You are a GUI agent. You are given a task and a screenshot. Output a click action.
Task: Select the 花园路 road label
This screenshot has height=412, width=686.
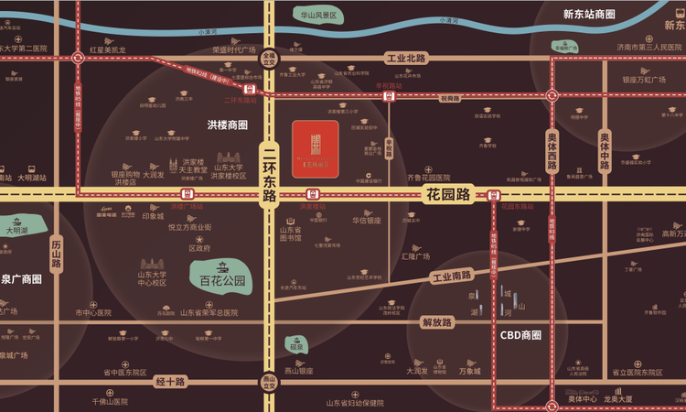point(447,194)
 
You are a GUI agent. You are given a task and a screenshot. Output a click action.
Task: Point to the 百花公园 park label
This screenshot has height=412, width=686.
point(223,281)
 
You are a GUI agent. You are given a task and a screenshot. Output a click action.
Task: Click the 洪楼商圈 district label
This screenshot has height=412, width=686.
point(228,125)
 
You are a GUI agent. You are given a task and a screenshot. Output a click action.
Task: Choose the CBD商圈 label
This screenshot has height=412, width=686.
point(520,335)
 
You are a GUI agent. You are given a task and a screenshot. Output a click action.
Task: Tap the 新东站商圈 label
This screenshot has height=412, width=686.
point(589,15)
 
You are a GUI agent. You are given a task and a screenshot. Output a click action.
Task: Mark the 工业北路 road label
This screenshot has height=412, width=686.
point(406,58)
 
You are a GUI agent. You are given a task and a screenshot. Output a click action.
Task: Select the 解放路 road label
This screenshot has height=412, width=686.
point(437,322)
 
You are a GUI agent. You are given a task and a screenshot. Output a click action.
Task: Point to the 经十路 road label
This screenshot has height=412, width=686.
point(171,381)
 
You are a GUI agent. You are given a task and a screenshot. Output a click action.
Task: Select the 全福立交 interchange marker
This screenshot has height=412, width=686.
point(269,57)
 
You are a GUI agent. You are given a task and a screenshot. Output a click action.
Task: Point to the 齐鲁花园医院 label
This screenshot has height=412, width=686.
point(429,177)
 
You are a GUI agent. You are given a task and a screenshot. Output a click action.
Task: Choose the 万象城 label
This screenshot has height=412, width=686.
point(469,371)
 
